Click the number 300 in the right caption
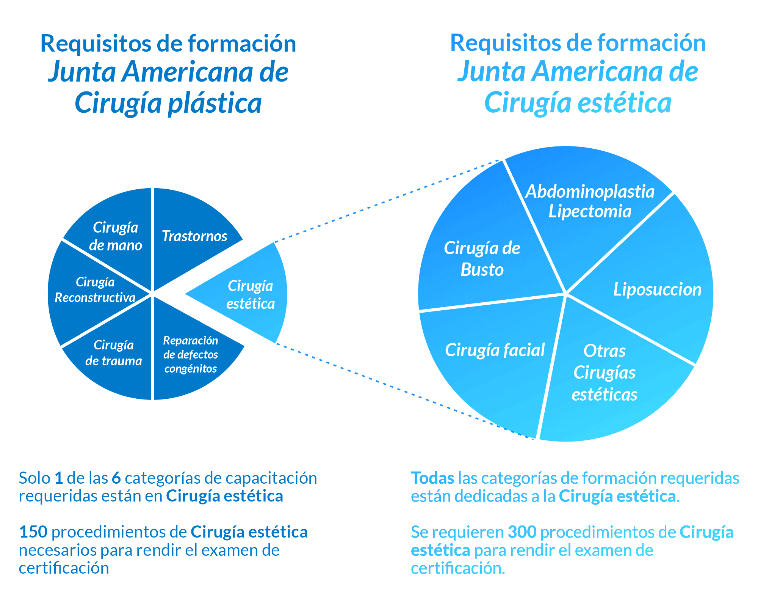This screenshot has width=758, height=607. (522, 532)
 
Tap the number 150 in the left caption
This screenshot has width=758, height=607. (33, 532)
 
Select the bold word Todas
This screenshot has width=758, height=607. (432, 478)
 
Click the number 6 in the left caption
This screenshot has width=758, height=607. (116, 478)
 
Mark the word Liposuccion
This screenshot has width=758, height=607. (657, 289)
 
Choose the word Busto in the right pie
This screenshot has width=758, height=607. (482, 270)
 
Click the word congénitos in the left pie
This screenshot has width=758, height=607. (191, 368)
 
